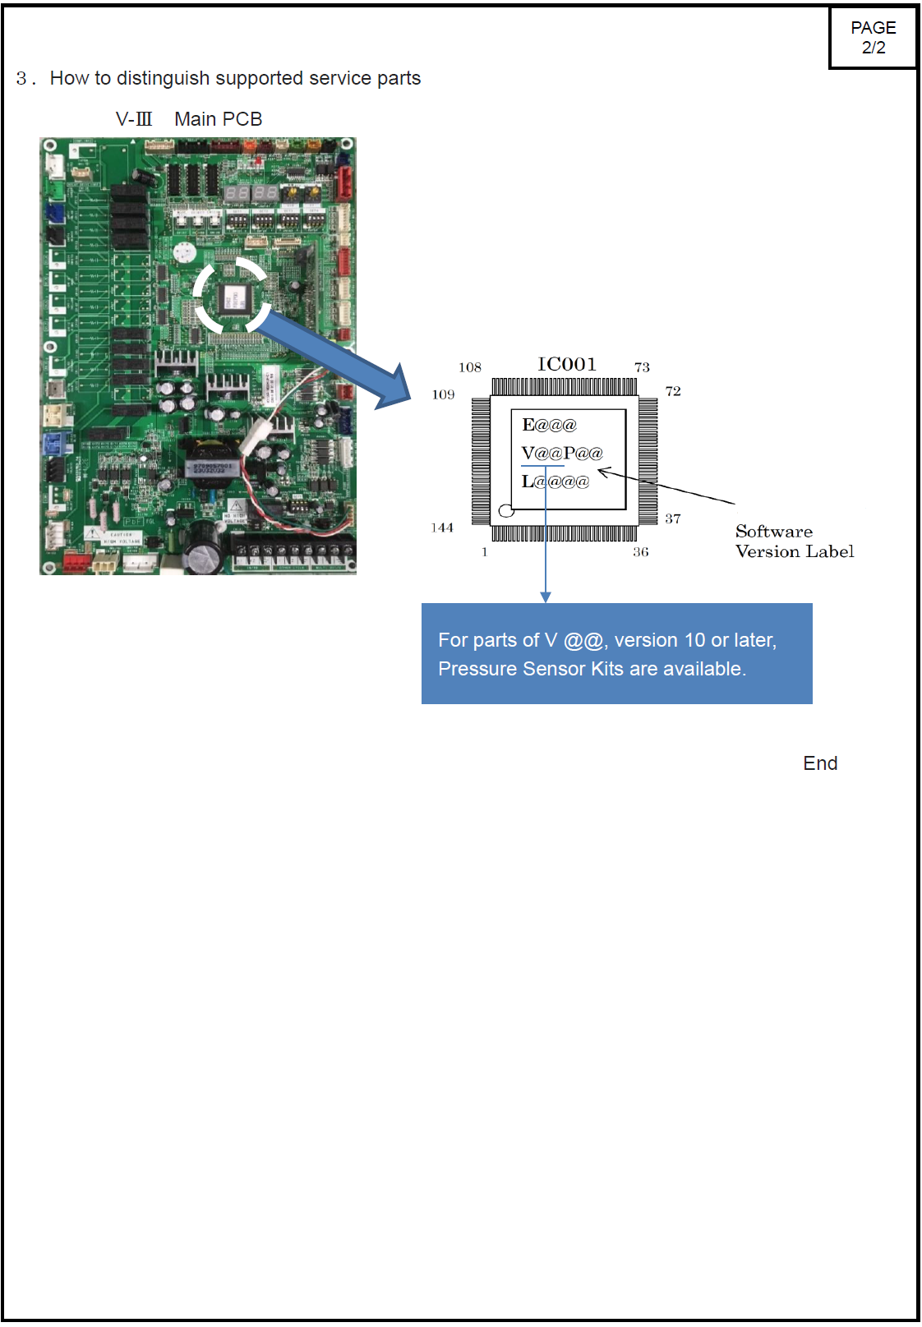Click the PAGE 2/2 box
[x=873, y=38]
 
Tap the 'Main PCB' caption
[x=218, y=119]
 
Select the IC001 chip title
[x=567, y=364]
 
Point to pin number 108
[x=470, y=367]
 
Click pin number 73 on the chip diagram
[x=642, y=367]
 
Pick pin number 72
[x=673, y=391]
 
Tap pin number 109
[x=443, y=394]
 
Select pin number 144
[x=442, y=528]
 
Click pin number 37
[x=673, y=518]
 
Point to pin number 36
[x=641, y=552]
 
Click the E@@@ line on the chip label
[x=549, y=425]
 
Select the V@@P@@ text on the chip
[x=562, y=453]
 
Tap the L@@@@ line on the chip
[x=556, y=481]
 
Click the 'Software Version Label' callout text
[x=794, y=541]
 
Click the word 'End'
[x=820, y=763]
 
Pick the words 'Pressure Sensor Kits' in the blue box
[x=531, y=669]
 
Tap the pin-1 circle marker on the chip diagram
[x=506, y=511]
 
